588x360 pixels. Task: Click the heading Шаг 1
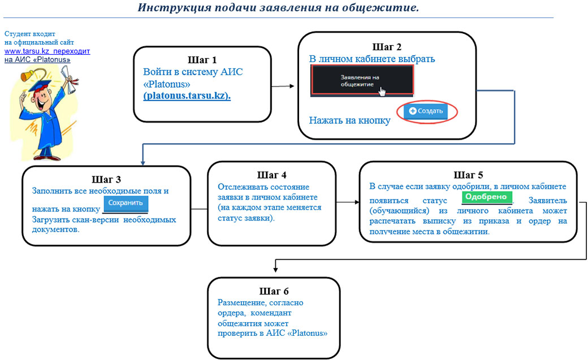point(202,59)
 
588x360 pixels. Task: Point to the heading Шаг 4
point(271,175)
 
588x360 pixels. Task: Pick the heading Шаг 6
point(274,291)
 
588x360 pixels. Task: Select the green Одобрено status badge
point(486,197)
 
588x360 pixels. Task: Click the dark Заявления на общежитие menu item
point(362,80)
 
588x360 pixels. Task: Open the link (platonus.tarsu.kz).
point(187,96)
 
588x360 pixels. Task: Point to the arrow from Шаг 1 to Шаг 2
point(283,86)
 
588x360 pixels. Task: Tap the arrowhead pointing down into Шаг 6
point(275,271)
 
